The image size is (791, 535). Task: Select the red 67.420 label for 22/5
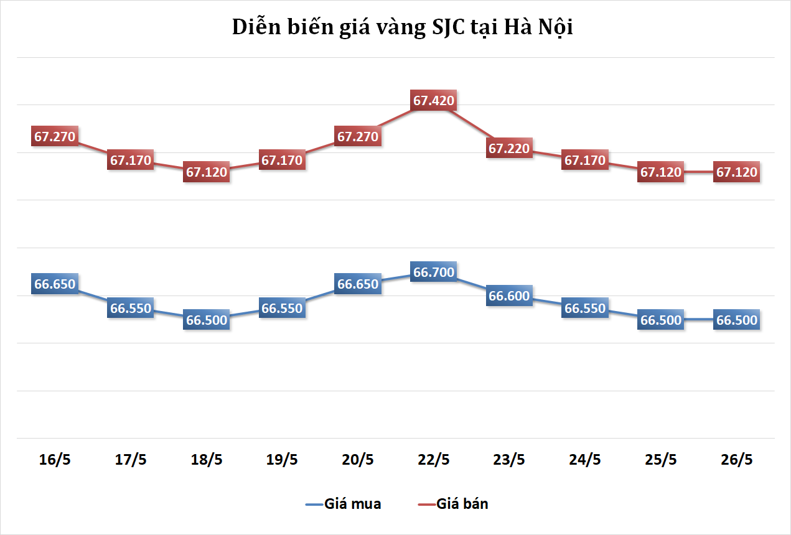434,100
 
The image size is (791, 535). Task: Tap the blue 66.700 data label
434,272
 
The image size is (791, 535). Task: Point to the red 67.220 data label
509,148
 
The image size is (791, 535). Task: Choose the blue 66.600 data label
509,296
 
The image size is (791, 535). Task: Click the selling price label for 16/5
55,136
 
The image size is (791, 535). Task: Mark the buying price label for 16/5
55,284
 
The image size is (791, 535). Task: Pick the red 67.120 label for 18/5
207,172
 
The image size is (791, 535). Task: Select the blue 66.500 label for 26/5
737,320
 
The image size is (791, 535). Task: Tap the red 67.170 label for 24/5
585,160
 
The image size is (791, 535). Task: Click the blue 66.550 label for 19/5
282,308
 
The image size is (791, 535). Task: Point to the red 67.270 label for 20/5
358,136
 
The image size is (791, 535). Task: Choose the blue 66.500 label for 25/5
661,320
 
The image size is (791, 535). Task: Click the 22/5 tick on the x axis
434,460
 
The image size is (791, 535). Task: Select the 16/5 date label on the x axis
55,460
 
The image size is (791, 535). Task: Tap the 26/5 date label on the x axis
737,460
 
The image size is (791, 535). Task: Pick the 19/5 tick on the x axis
282,460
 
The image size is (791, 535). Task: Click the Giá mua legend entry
344,504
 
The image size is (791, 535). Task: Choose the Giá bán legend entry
453,504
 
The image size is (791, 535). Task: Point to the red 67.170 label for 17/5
131,160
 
